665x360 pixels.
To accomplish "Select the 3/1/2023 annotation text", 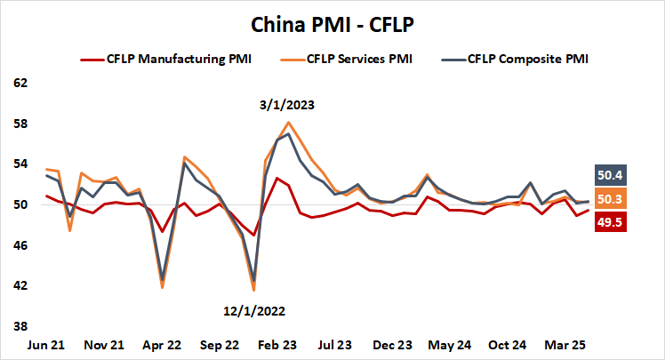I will pyautogui.click(x=288, y=105).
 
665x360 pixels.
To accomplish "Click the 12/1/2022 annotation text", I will pyautogui.click(x=255, y=310).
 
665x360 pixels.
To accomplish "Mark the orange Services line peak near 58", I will pyautogui.click(x=289, y=123).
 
